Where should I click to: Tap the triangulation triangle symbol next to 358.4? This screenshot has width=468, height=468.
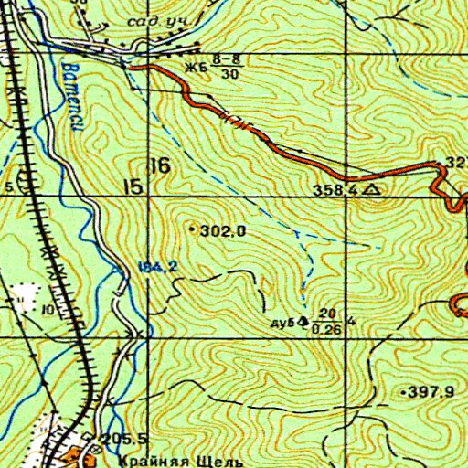[370, 189]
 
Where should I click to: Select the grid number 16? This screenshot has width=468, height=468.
[161, 165]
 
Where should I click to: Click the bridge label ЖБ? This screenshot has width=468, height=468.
[195, 66]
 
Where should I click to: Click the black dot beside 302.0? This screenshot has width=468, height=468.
[191, 229]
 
